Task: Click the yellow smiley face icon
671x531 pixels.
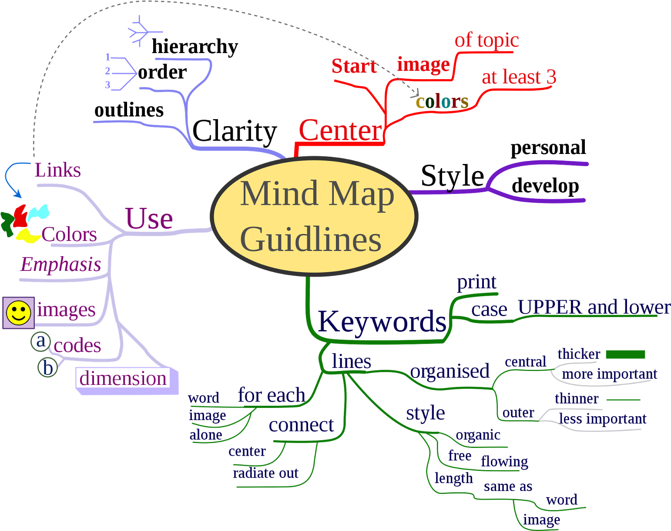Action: click(18, 313)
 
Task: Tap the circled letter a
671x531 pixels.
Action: click(41, 341)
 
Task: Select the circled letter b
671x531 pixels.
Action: click(47, 368)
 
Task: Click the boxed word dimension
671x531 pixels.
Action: click(123, 379)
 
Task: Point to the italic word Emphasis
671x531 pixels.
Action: click(61, 264)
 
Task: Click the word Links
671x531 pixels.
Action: click(57, 170)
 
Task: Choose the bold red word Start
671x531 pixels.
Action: click(354, 66)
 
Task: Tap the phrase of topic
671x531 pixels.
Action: click(486, 40)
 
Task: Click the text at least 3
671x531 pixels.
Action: click(519, 77)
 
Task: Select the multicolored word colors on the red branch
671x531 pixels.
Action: click(442, 102)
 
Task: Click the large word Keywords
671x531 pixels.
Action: click(382, 322)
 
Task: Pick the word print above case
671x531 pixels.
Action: click(476, 282)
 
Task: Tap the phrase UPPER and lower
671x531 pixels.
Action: click(594, 307)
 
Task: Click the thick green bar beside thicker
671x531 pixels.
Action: click(625, 355)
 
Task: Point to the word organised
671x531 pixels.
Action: click(450, 371)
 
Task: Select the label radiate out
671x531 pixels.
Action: click(265, 473)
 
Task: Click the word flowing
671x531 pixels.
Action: click(504, 461)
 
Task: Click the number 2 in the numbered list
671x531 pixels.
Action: click(107, 71)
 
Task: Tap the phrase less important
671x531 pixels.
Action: click(603, 419)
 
